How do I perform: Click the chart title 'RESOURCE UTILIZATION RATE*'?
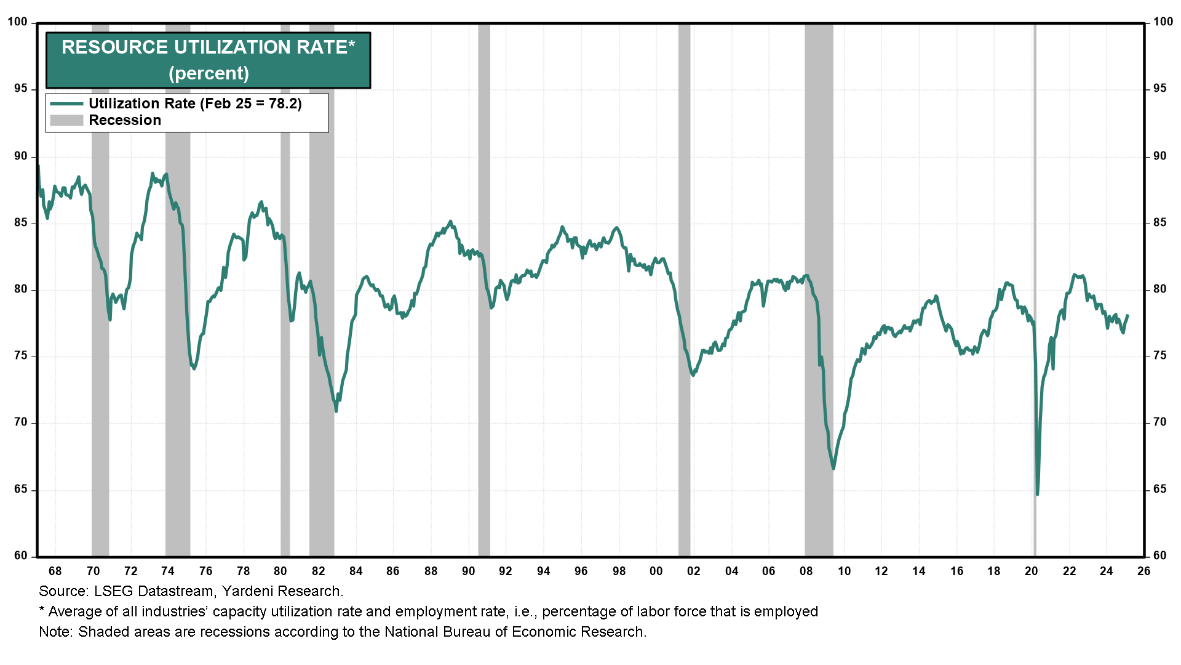(208, 47)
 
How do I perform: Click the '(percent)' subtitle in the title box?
(209, 73)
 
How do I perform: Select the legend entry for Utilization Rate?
(194, 103)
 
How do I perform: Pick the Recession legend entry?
(124, 120)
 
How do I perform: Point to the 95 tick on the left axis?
(21, 89)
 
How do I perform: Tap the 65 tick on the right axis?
(1159, 490)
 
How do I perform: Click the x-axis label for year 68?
(55, 571)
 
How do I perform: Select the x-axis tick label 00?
(656, 571)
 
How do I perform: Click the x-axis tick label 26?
(1143, 571)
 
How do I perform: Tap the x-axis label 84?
(356, 571)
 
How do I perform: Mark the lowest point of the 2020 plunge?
(1037, 494)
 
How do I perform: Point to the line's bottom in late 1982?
(336, 411)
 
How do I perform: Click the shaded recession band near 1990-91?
(484, 289)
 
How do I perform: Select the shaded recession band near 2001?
(684, 289)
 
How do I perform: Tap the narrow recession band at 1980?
(285, 289)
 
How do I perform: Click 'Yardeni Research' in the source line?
(281, 591)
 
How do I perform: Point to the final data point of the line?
(1127, 315)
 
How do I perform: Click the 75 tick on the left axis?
(21, 356)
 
